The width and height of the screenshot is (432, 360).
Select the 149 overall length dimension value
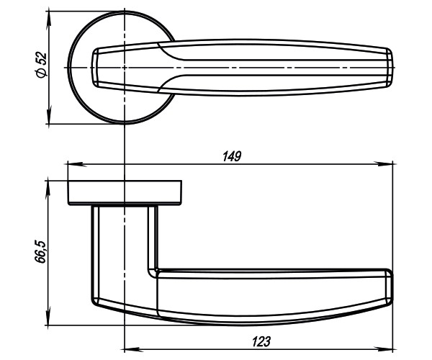231,156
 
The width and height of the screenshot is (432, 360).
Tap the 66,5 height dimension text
41,253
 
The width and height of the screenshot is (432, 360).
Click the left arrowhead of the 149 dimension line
71,164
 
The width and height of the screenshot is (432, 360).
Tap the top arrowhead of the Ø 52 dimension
49,17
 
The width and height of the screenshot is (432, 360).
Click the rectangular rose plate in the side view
125,193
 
